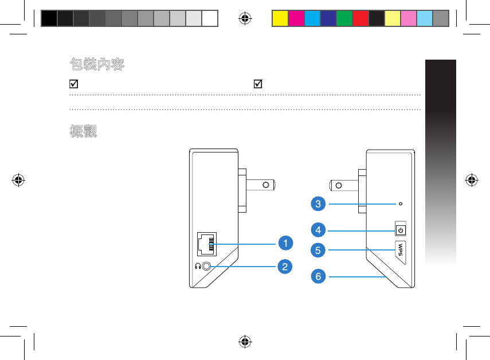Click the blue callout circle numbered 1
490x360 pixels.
click(x=285, y=243)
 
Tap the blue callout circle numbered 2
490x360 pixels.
click(x=285, y=266)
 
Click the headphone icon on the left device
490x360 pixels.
click(x=197, y=267)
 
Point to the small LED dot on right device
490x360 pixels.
click(x=401, y=203)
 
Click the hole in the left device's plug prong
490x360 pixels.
click(x=266, y=185)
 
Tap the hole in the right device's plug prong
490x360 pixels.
click(x=338, y=185)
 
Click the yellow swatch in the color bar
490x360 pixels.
click(x=280, y=18)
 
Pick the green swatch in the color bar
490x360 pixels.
click(x=344, y=18)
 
